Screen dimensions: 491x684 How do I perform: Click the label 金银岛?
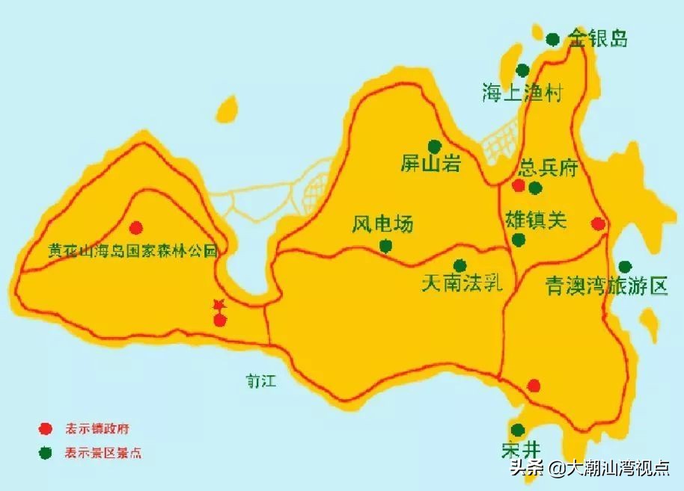[597, 38]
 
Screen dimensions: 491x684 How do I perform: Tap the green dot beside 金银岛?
[552, 39]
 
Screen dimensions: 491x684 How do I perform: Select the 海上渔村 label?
[522, 93]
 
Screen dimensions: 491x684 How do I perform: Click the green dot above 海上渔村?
[522, 70]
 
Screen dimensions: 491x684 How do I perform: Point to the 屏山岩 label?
[430, 164]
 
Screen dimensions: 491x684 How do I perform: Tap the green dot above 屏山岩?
[434, 146]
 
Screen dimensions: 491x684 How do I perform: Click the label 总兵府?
[549, 167]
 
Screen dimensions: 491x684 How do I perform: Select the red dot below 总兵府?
[519, 185]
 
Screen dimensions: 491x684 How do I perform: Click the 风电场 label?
[382, 223]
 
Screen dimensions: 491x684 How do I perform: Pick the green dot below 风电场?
[385, 246]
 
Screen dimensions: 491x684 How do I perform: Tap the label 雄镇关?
[537, 220]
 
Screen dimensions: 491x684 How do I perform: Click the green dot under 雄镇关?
[518, 239]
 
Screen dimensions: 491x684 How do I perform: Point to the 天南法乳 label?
[461, 284]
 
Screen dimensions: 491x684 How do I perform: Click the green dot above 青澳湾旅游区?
[625, 266]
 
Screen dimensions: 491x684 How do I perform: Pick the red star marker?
[219, 305]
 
